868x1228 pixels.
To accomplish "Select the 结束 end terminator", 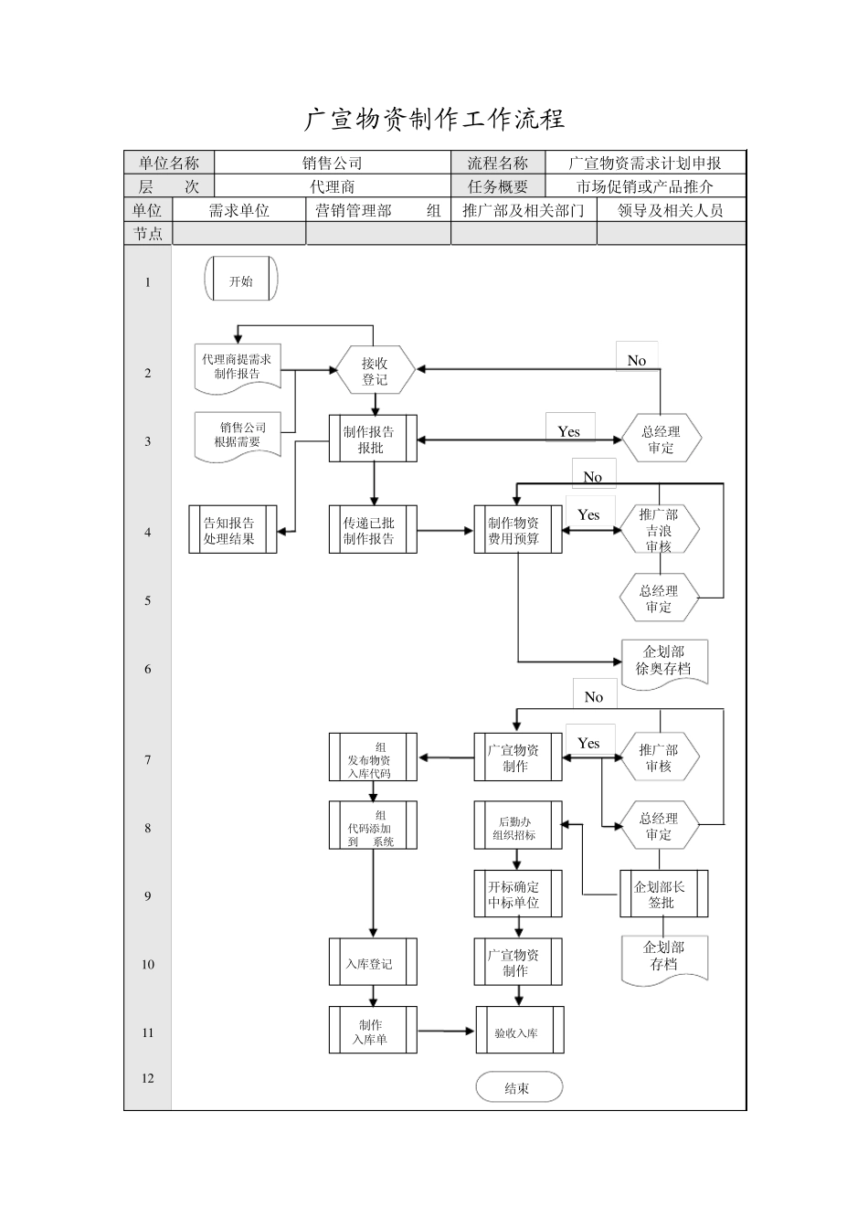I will pos(518,1087).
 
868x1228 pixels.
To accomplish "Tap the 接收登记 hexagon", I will pos(374,371).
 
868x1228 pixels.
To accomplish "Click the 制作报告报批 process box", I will pos(373,439).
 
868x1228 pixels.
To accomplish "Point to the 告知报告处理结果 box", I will pos(232,530).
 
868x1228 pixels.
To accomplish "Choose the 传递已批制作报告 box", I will pos(373,530).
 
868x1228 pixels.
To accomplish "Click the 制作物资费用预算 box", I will pos(517,530).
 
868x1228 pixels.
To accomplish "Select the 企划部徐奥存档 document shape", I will pos(664,661).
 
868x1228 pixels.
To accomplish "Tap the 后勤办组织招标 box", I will pos(517,827).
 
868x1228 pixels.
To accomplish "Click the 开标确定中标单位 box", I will pos(517,895).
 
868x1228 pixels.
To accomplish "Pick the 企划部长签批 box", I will pos(663,895).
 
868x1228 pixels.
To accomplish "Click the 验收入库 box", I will pos(519,1032).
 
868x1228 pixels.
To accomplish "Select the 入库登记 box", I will pos(373,963).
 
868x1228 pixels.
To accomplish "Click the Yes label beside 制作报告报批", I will pos(569,431).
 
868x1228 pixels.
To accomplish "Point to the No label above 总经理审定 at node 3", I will pos(637,361).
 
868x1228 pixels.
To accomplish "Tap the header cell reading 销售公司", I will pos(333,163).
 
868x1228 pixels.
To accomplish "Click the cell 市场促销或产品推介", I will pos(644,186).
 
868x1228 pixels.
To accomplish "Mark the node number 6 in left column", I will pos(147,669).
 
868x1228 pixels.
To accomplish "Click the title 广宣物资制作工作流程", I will pos(434,119).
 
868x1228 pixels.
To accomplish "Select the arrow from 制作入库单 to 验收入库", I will pos(446,1032).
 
